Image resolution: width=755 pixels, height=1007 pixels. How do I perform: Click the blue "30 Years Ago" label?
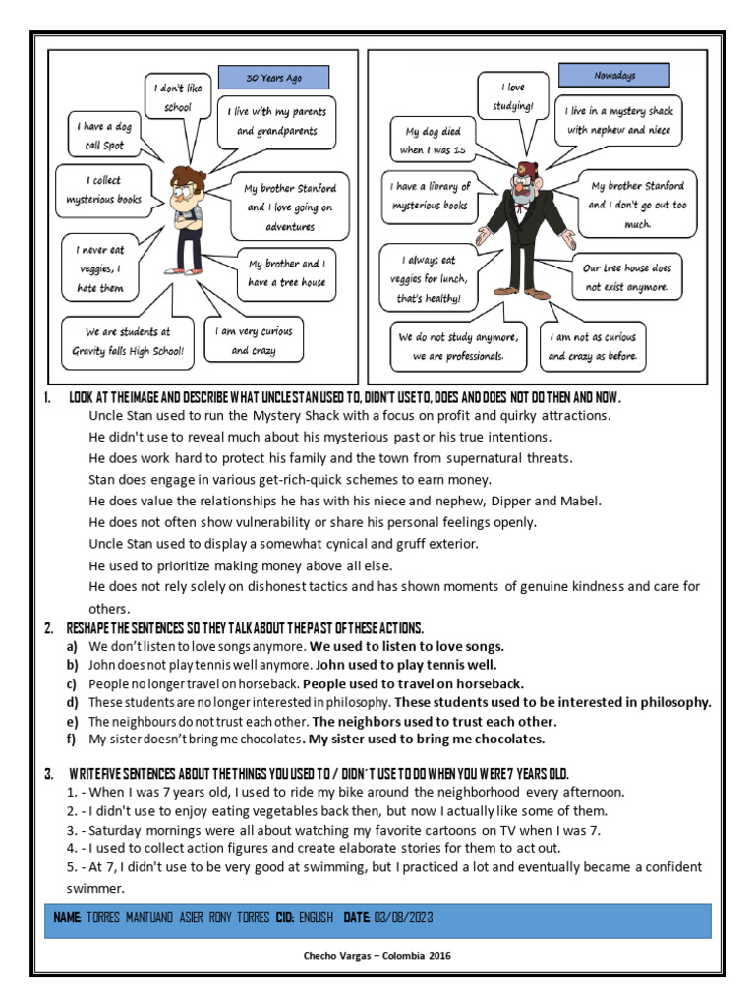click(x=272, y=78)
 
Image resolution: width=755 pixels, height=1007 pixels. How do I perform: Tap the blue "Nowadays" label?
click(x=612, y=75)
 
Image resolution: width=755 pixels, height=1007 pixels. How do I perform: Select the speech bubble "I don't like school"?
click(x=177, y=96)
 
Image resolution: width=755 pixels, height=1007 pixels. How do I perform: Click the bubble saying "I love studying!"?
click(x=512, y=95)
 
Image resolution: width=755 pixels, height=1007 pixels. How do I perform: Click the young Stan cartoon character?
click(x=188, y=216)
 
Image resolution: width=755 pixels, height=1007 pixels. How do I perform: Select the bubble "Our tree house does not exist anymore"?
click(x=626, y=276)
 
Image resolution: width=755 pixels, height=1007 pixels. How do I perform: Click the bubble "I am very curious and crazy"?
click(x=253, y=340)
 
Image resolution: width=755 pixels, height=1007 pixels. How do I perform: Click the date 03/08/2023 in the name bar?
click(x=403, y=918)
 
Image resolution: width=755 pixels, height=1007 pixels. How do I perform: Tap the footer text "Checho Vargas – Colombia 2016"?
click(x=377, y=955)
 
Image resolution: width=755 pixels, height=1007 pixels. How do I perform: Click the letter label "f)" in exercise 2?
click(x=72, y=740)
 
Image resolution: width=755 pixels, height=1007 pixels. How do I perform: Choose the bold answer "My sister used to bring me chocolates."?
click(x=426, y=740)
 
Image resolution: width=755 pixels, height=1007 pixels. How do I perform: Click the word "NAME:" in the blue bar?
click(x=67, y=918)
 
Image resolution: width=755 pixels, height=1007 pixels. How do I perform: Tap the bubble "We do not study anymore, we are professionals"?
click(x=458, y=346)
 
